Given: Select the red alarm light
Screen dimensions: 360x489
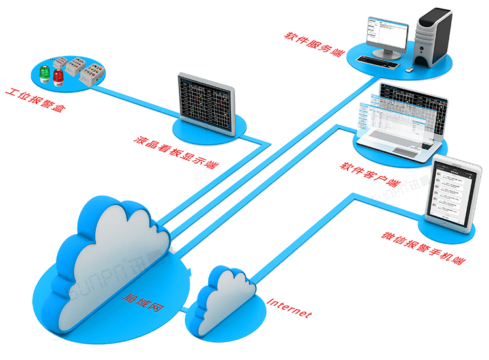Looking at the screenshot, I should [x=58, y=77].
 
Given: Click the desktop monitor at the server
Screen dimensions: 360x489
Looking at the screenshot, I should [x=385, y=36].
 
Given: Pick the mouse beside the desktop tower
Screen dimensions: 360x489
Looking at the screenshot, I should [x=409, y=68].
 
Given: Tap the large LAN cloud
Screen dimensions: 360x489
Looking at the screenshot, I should [x=111, y=261].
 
